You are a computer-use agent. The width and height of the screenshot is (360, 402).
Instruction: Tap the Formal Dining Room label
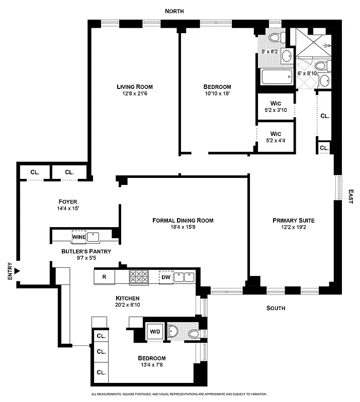click(x=183, y=220)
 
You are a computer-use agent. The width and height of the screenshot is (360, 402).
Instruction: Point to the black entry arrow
click(x=17, y=271)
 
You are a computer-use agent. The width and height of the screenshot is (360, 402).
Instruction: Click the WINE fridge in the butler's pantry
click(x=78, y=236)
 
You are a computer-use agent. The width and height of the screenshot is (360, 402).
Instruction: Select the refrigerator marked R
click(x=104, y=277)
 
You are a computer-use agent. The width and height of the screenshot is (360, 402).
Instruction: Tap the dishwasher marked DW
click(x=165, y=277)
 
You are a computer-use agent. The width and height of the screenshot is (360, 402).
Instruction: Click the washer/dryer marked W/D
click(x=154, y=332)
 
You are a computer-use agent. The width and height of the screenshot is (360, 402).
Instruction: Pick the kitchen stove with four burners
click(x=139, y=277)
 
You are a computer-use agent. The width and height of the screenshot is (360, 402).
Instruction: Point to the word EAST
click(x=350, y=196)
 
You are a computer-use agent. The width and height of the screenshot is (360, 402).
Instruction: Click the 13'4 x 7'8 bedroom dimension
click(x=151, y=366)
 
